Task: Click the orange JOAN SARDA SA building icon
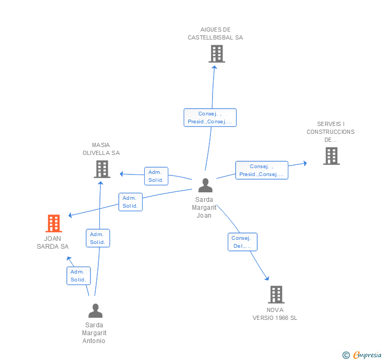pos(54,223)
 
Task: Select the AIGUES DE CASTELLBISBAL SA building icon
pos(217,54)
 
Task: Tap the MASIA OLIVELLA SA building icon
pos(102,169)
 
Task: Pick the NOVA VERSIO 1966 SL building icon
pos(276,295)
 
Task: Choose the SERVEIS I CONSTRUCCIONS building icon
pos(331,156)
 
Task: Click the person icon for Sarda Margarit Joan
pos(205,186)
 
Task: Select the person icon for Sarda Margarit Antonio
pos(96,310)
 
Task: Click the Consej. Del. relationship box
pos(243,242)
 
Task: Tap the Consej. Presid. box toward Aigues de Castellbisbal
pos(210,118)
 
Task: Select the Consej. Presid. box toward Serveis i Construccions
pos(261,170)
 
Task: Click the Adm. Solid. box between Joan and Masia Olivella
pos(156,176)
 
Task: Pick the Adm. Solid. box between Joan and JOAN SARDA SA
pos(130,202)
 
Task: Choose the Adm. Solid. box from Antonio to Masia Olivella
pos(98,238)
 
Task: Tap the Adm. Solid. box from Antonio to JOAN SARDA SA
pos(79,276)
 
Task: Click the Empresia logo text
pos(367,355)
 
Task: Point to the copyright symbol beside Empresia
pos(346,355)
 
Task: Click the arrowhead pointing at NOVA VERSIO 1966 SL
pos(267,278)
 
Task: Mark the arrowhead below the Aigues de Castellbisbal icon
pos(215,67)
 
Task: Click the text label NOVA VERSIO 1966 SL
pos(275,314)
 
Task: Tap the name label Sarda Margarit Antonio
pos(94,333)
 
